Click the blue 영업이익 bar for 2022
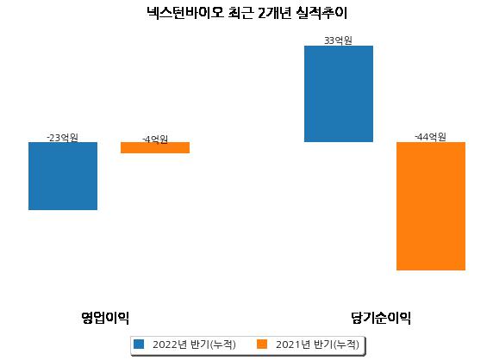coord(63,176)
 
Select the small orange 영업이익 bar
coord(155,147)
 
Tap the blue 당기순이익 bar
coord(339,94)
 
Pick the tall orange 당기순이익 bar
coord(431,206)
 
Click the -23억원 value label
coord(62,138)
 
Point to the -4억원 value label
coord(155,140)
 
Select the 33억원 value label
coord(338,40)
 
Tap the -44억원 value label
coord(430,137)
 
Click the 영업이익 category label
coord(105,318)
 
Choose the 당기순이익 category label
coord(381,318)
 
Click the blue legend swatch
coord(139,344)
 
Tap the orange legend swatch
coord(262,344)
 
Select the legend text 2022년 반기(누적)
coord(194,344)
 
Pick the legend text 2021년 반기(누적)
coord(317,344)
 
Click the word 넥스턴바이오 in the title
coord(185,13)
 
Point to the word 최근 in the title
coord(240,13)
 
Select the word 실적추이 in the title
coord(321,13)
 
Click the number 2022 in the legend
coord(165,344)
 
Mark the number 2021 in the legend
coord(289,344)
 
